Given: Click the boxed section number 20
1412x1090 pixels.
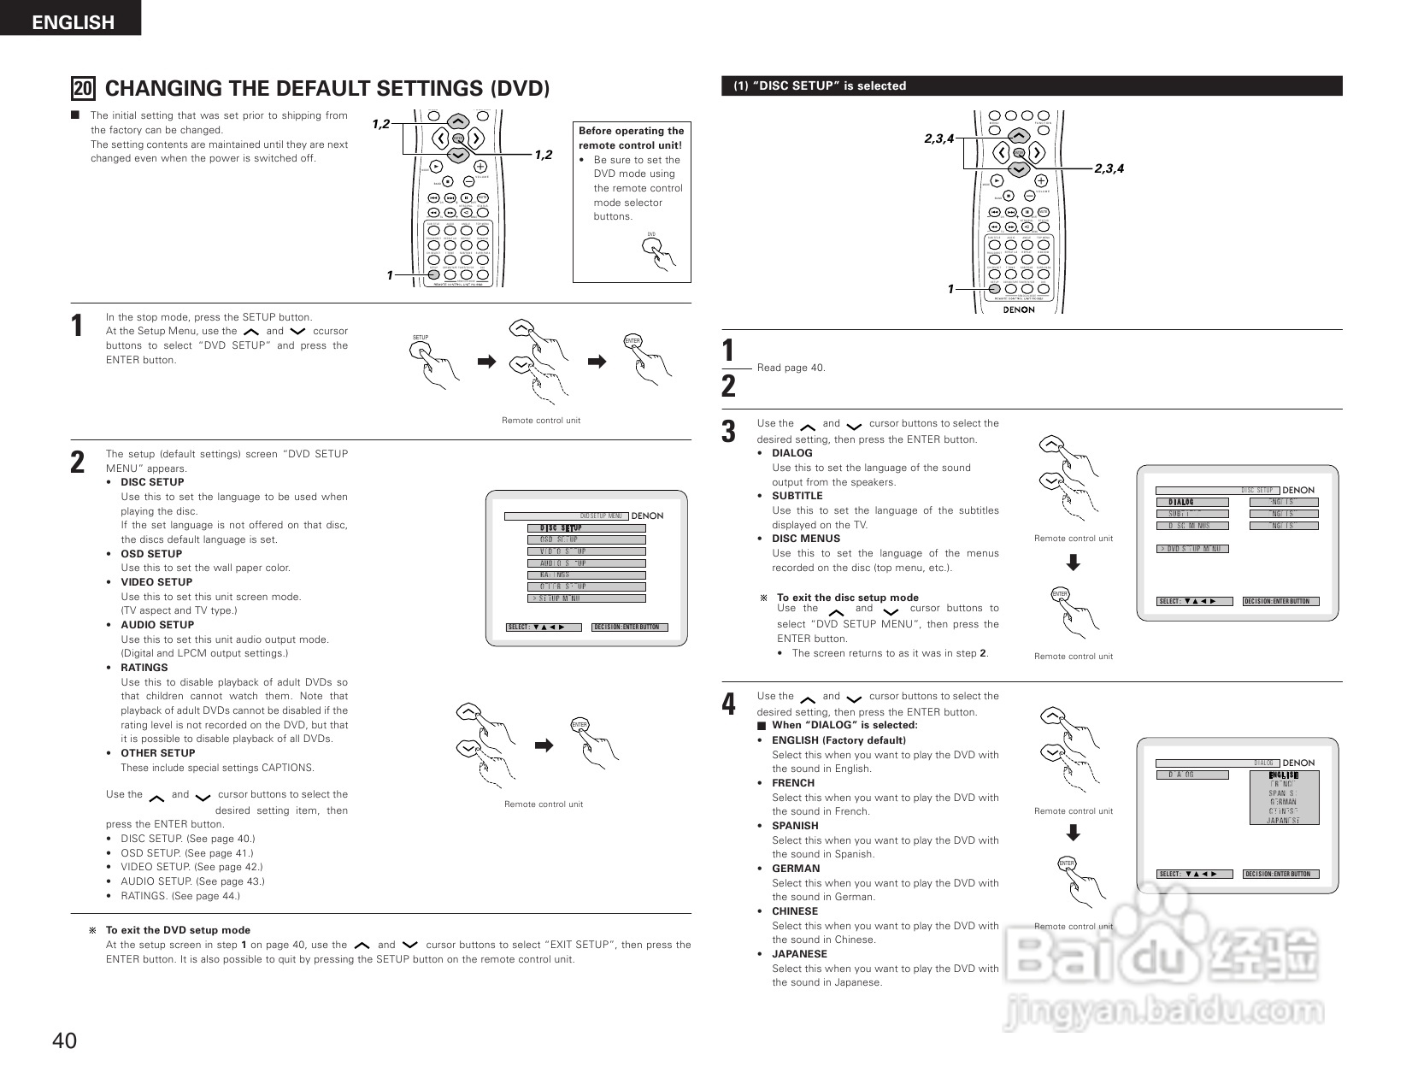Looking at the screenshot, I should coord(83,89).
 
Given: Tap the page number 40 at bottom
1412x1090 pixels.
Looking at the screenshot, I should coord(64,1040).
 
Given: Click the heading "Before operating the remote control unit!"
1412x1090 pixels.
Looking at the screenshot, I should coord(631,138).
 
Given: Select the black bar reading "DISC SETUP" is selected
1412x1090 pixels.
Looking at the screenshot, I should coord(1031,85).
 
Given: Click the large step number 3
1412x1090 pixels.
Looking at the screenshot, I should coord(728,432).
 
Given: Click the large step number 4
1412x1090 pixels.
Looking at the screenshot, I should coord(728,704).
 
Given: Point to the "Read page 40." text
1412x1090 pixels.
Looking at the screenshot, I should coord(791,368).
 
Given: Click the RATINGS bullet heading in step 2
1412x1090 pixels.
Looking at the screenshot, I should coord(144,668).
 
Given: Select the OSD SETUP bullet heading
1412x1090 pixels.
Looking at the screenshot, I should coord(150,554).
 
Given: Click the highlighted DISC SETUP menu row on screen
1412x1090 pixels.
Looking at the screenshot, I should coord(586,528).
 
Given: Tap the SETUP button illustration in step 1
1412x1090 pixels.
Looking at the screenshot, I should coord(421,349).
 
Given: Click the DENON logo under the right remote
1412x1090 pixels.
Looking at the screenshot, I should coord(1018,309).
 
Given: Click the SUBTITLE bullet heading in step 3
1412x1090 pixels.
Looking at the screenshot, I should coord(797,496).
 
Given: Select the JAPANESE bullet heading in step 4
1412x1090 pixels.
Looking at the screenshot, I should coord(799,954).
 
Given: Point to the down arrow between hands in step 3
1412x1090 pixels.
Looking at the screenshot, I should coord(1074,563).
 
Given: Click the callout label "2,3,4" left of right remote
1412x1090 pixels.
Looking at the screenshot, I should coord(938,139).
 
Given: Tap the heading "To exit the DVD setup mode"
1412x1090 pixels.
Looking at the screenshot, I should coord(178,930).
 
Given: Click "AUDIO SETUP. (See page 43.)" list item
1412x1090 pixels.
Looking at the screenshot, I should coord(192,881).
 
